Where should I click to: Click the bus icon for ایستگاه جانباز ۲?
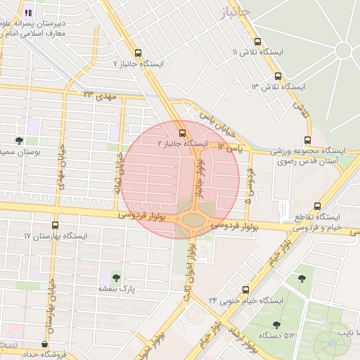pos(183,132)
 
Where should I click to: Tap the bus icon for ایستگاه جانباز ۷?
pos(138,53)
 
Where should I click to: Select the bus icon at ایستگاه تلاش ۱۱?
pos(257,41)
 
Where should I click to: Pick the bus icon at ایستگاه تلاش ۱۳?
pos(278,76)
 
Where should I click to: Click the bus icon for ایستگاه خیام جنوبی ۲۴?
pos(245,289)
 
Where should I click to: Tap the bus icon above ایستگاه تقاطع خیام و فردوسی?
pos(318,206)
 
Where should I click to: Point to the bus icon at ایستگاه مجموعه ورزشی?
pos(307,140)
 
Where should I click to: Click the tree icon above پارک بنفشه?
pos(116,278)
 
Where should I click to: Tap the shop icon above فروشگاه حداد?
pos(46,345)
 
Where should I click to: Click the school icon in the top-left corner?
pos(28,13)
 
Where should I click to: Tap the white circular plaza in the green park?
pos(343,51)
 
